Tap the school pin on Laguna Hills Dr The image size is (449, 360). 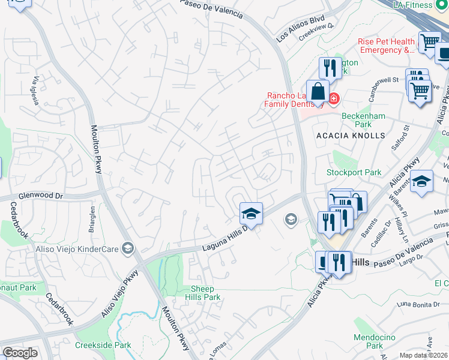pos(252,214)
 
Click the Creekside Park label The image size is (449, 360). pos(103,345)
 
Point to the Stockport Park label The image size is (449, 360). pos(354,172)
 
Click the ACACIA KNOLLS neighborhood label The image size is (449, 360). pos(351,136)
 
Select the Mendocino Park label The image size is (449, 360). pos(368,341)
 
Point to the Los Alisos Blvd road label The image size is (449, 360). pos(296,28)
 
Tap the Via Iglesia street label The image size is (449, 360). pos(37,91)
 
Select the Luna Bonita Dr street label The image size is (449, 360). pos(419,305)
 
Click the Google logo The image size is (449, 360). pos(20,353)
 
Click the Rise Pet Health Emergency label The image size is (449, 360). pos(386,46)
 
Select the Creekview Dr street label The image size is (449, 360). pos(315,32)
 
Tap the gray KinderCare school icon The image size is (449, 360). pos(127,248)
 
